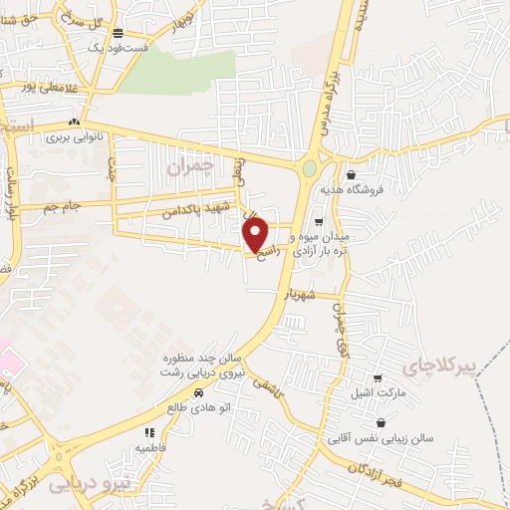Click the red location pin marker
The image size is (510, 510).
tap(256, 234)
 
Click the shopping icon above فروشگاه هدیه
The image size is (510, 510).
tap(351, 174)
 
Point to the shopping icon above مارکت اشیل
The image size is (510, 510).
tap(377, 380)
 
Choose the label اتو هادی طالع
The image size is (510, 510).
tap(199, 407)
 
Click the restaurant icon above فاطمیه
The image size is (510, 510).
tap(149, 432)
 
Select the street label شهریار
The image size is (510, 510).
tap(299, 295)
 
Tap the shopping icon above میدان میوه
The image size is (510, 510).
tap(319, 222)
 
